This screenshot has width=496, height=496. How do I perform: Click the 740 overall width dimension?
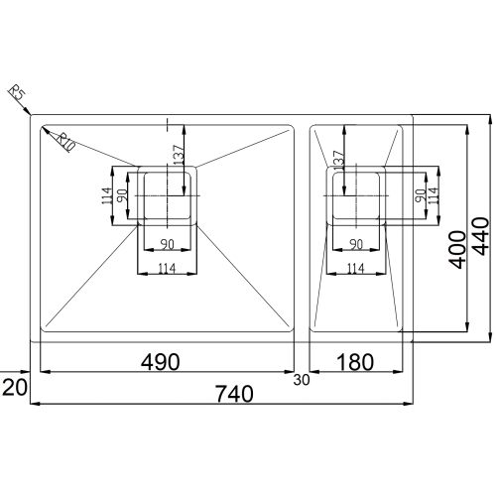(234, 394)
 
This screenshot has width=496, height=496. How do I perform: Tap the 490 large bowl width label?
(161, 362)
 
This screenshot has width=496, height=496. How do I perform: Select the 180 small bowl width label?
(355, 362)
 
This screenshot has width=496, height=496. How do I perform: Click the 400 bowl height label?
(457, 250)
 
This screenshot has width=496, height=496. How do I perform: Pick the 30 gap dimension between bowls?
(302, 380)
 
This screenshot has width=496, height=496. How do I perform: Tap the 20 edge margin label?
(15, 387)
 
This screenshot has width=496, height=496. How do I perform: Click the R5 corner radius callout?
(17, 92)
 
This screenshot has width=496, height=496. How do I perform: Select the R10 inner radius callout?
(65, 142)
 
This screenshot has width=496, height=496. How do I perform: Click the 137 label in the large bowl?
(178, 155)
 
